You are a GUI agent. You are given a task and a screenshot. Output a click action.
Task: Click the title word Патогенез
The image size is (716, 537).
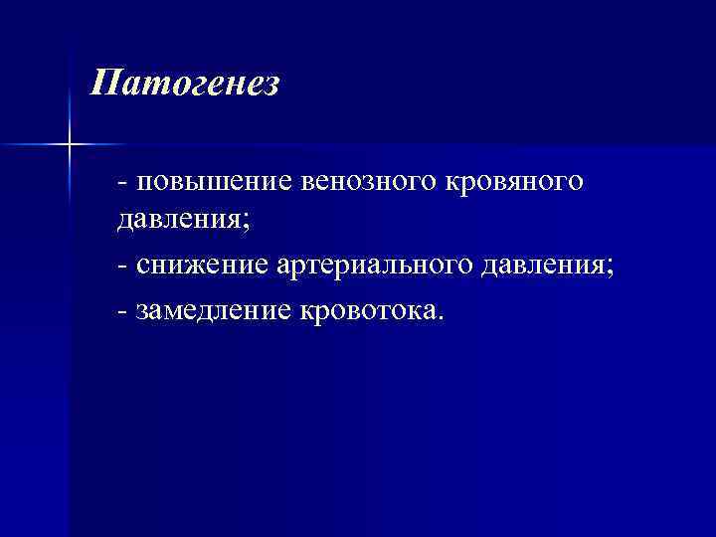[x=184, y=84]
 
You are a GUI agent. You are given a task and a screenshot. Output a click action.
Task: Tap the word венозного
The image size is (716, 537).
[x=355, y=183]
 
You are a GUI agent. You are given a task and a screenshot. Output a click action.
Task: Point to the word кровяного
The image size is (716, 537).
[x=508, y=183]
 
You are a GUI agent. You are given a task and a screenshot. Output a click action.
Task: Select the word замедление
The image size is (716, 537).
[x=213, y=310]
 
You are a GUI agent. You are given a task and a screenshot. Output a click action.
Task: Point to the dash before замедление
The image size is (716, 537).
[x=121, y=312]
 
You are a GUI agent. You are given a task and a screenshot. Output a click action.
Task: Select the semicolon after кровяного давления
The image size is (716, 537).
[x=245, y=223]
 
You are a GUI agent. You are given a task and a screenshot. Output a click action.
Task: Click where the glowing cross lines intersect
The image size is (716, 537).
[x=70, y=145]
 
